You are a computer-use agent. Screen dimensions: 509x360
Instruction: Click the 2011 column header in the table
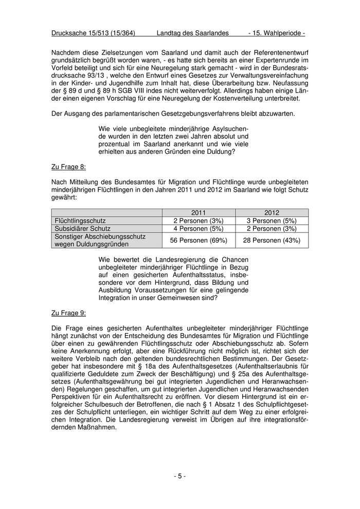(199, 212)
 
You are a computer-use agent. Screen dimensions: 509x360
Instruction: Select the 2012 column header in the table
(272, 212)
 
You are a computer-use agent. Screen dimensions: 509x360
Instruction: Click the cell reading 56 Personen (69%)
(199, 240)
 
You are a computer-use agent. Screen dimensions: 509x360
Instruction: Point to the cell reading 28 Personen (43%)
(272, 240)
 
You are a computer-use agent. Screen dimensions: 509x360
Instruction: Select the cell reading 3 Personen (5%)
(272, 221)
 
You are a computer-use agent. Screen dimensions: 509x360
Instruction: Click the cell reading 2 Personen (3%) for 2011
(199, 221)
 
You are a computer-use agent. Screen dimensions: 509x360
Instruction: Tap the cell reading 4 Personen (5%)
(199, 228)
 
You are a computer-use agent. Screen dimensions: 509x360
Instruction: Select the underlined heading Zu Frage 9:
(69, 313)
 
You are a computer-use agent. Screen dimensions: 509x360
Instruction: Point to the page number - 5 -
(180, 476)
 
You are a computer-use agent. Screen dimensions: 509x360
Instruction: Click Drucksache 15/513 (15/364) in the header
(93, 33)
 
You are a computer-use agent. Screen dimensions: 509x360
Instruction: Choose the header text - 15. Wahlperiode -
(277, 33)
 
